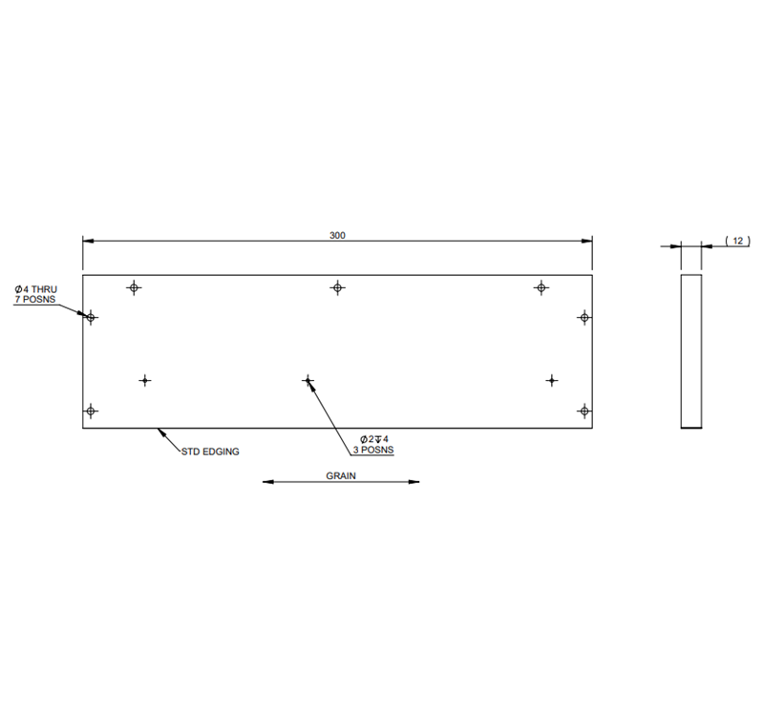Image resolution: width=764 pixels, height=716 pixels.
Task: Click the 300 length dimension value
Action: [x=337, y=234]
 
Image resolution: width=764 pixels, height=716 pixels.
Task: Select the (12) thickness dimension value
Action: [x=736, y=242]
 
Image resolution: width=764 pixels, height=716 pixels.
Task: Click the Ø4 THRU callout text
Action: [x=36, y=288]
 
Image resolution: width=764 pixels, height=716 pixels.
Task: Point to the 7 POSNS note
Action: [x=35, y=300]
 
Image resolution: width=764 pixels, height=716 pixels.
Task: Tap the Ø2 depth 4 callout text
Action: [x=375, y=438]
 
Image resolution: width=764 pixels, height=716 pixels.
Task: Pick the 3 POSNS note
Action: [x=373, y=450]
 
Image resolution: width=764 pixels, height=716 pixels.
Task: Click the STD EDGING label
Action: [x=210, y=451]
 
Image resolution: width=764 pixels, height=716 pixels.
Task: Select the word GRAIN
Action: [x=341, y=474]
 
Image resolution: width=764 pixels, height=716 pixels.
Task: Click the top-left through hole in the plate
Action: [x=134, y=287]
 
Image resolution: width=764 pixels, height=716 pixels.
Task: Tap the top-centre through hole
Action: [x=337, y=287]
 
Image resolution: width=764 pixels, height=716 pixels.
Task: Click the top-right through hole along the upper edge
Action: [x=541, y=287]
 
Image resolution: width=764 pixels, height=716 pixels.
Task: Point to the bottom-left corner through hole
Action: [x=91, y=411]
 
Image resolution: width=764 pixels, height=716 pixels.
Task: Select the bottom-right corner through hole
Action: [x=584, y=411]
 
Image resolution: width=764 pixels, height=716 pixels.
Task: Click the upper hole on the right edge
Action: [x=584, y=317]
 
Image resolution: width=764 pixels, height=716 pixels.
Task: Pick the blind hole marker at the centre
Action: [x=308, y=381]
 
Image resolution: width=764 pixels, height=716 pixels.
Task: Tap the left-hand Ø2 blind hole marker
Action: [x=145, y=381]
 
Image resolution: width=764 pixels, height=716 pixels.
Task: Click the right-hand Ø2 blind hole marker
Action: [x=552, y=381]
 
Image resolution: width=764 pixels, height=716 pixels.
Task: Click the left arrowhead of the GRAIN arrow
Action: [x=268, y=482]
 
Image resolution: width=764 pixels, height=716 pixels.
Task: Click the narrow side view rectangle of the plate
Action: [x=690, y=350]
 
